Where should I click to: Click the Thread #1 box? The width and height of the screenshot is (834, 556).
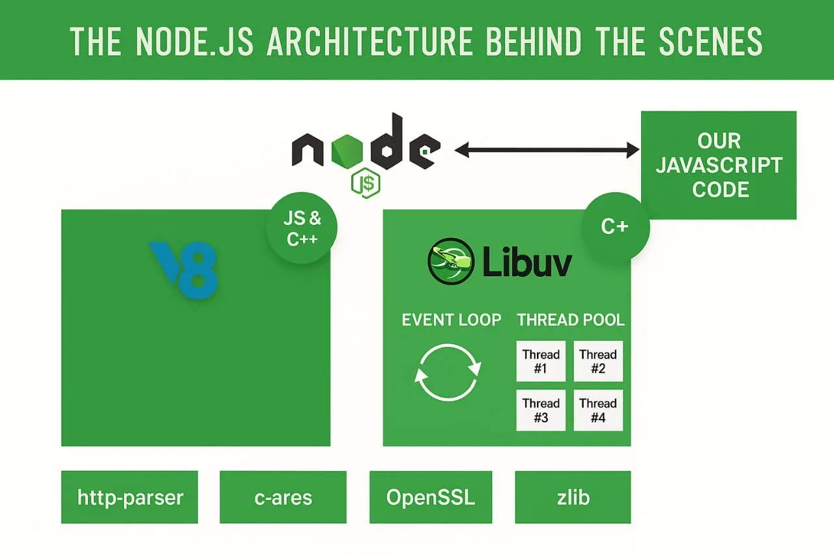click(541, 361)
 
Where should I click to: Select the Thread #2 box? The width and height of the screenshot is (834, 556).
click(598, 361)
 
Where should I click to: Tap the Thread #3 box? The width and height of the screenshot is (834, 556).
click(541, 410)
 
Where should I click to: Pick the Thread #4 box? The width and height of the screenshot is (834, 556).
click(598, 410)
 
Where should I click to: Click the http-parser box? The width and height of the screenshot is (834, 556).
click(130, 497)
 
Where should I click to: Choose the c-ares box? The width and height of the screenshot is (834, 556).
click(283, 497)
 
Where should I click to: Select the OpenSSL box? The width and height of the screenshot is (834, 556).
click(431, 497)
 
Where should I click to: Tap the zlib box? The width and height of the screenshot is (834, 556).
click(573, 497)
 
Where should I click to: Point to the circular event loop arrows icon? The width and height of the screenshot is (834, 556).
click(448, 372)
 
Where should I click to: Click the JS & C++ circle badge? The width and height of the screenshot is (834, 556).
click(302, 228)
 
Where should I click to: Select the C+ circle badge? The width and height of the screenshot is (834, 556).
click(615, 227)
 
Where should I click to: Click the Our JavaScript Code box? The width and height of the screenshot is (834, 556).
click(719, 165)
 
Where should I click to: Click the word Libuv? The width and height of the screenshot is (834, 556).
click(528, 263)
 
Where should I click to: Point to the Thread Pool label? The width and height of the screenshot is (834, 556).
click(571, 320)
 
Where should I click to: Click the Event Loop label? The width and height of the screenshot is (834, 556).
click(452, 320)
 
